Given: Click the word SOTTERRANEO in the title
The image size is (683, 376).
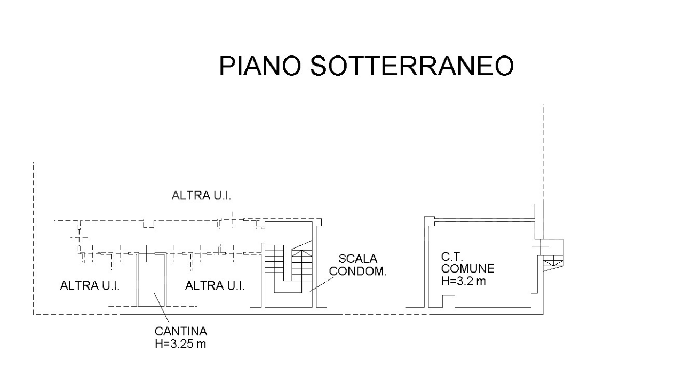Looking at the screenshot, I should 411,66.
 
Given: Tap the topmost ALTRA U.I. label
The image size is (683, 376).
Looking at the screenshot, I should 201,196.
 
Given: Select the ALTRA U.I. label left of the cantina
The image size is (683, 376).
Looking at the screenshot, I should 90,286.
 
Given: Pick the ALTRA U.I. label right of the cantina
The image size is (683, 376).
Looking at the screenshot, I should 215,286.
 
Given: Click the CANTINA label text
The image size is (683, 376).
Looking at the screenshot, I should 181,331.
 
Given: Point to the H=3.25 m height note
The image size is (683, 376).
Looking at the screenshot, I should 180,343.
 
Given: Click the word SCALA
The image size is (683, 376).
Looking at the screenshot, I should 358,259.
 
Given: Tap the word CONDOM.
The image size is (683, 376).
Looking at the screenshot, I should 358,271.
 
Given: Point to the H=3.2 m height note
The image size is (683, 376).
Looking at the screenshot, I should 464,281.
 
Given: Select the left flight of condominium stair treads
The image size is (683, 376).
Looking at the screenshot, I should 274,261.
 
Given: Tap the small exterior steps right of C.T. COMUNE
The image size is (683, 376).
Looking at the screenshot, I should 553,261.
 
